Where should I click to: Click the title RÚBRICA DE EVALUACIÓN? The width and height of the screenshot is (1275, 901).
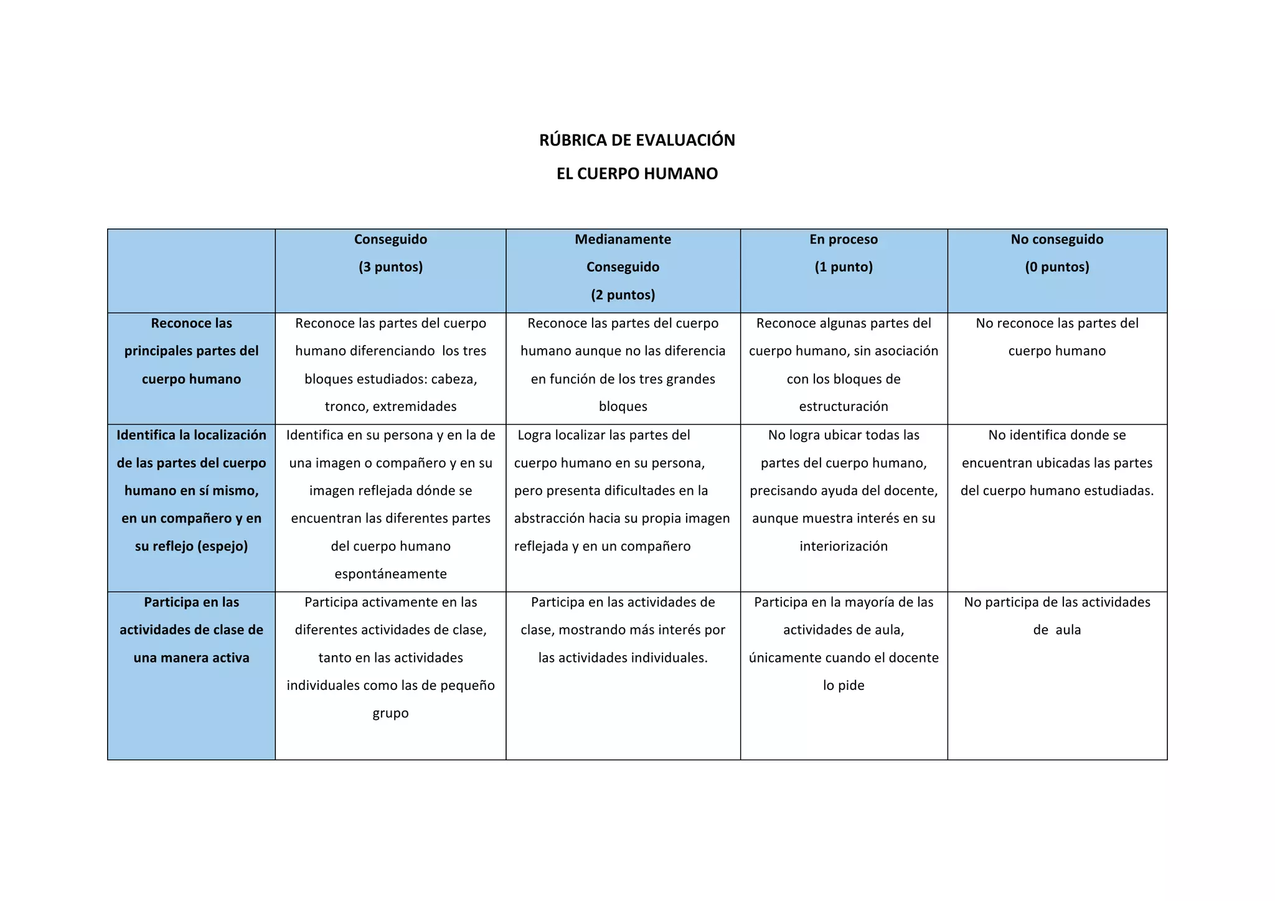[x=637, y=140]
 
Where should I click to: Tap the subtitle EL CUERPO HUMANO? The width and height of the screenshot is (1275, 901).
[x=637, y=174]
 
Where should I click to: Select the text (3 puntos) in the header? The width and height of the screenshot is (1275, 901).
[x=390, y=267]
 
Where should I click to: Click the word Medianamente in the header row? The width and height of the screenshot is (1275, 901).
[x=623, y=240]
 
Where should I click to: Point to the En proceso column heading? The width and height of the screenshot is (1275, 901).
[x=844, y=240]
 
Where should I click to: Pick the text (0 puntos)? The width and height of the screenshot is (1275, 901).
[x=1057, y=267]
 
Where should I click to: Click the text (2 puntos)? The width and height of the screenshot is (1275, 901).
[x=623, y=295]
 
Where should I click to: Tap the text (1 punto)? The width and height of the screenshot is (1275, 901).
[x=844, y=267]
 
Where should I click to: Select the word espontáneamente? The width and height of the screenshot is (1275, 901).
[x=390, y=574]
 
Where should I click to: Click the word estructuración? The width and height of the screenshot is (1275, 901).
[x=844, y=407]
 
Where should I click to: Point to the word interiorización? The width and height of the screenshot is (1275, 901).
[x=844, y=547]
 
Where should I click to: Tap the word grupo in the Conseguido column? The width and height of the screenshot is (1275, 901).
[x=390, y=714]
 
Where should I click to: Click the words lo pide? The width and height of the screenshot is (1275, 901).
[x=844, y=686]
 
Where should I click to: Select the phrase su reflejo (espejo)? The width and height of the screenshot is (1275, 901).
[x=191, y=547]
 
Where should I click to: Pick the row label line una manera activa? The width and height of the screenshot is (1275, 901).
[x=191, y=658]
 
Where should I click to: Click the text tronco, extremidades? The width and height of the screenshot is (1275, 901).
[x=390, y=407]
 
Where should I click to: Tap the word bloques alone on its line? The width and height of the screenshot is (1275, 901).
[x=623, y=407]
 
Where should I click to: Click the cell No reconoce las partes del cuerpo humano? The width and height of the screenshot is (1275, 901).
[x=1057, y=337]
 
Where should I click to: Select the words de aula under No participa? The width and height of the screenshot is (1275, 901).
[x=1057, y=630]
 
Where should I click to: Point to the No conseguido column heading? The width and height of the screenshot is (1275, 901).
[x=1057, y=240]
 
